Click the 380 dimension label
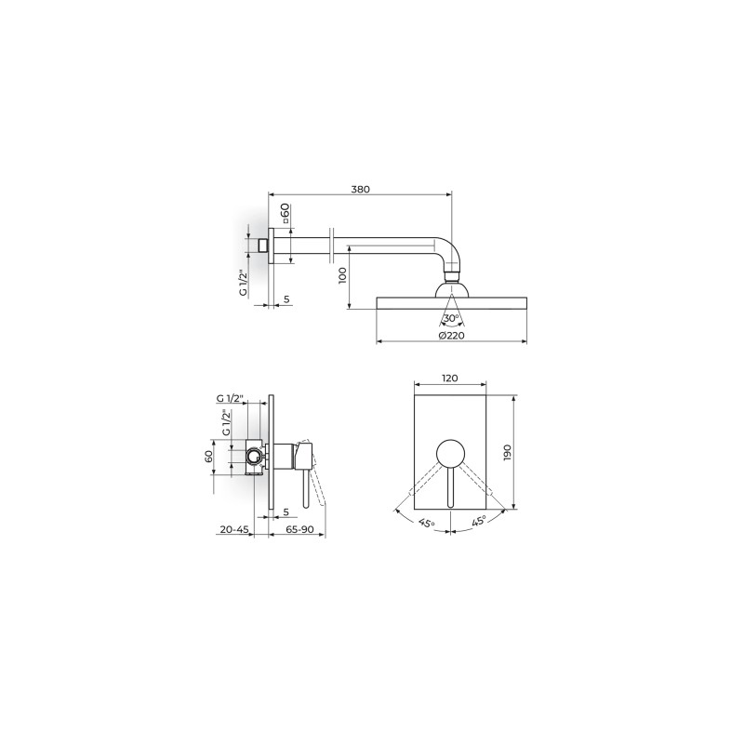[x=360, y=189]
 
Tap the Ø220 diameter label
[x=452, y=336]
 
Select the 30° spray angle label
[x=451, y=318]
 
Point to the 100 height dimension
[x=342, y=275]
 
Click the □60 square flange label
[x=285, y=214]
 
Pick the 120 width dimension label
[x=450, y=379]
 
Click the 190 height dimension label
[x=507, y=453]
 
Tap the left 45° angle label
[x=427, y=523]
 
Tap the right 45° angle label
[x=479, y=521]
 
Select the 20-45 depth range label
[x=234, y=529]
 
